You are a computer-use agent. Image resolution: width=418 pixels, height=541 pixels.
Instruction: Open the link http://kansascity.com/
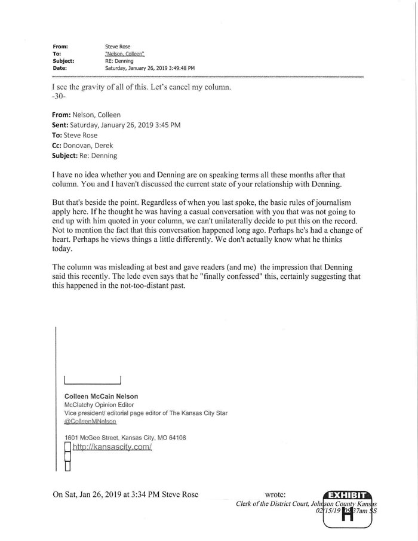[112, 447]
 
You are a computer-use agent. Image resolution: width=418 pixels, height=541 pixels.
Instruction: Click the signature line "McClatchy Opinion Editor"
[99, 405]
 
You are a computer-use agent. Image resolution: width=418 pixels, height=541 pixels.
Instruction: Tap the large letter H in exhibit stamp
[347, 515]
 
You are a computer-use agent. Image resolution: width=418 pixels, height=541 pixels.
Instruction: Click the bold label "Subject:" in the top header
[63, 60]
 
